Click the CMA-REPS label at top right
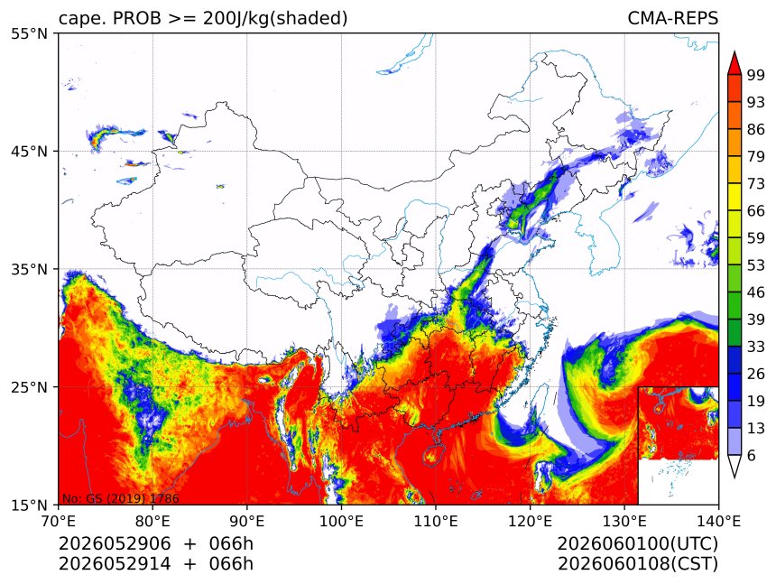[672, 18]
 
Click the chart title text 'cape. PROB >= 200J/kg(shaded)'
[203, 19]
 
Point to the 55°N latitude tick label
[29, 33]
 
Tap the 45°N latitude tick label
[29, 151]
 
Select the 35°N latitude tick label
[29, 269]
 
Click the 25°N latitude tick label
[29, 386]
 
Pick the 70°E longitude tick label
[59, 521]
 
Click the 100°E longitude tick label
[341, 521]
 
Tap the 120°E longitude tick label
[530, 521]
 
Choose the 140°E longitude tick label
[718, 521]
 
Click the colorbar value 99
[756, 75]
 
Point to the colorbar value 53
[756, 265]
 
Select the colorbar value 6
[752, 455]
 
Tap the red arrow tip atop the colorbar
[734, 51]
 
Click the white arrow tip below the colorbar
[734, 477]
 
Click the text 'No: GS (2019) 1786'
[121, 498]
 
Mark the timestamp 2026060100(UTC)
[637, 543]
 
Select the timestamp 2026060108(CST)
[637, 564]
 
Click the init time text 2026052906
[115, 543]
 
